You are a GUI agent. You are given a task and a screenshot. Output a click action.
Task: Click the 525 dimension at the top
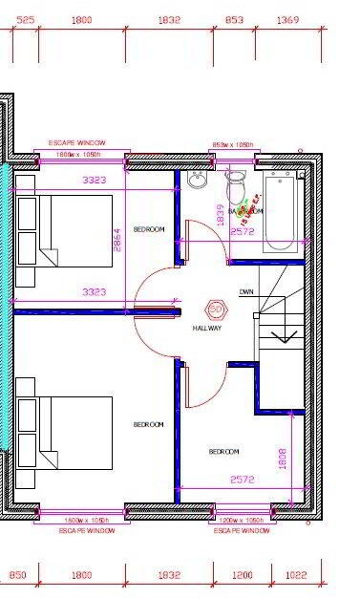26,19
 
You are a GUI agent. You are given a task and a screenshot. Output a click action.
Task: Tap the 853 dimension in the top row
233,19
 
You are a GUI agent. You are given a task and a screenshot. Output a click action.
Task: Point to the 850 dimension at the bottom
18,575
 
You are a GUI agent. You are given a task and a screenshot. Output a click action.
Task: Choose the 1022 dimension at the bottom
296,575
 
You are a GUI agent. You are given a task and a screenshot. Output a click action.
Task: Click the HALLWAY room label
207,328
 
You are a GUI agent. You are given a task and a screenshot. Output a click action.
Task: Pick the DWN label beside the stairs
246,291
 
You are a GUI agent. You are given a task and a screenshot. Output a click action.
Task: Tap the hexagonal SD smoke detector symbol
215,310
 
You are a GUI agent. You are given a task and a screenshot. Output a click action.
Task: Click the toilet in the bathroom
235,184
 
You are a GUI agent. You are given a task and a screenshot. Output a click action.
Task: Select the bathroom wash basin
198,182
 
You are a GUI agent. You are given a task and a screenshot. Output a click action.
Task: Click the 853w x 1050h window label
233,145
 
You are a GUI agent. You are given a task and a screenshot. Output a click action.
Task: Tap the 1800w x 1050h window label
78,154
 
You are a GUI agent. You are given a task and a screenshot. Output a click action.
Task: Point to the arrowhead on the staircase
284,335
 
